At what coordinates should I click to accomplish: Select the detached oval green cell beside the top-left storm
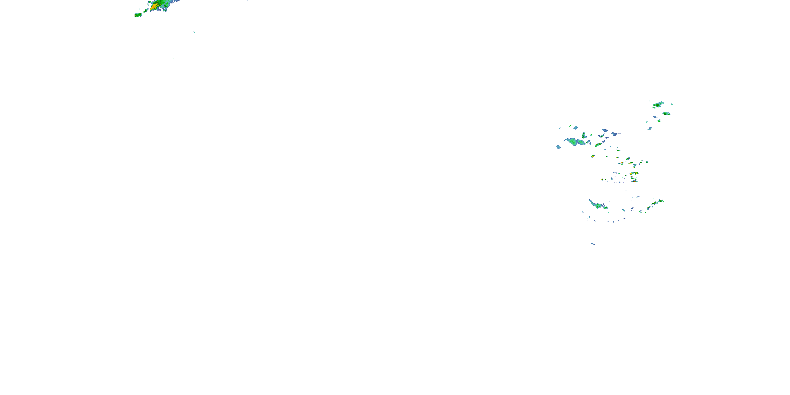pyautogui.click(x=138, y=15)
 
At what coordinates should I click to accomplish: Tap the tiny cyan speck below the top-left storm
pyautogui.click(x=194, y=32)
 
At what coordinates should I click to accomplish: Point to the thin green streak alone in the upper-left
pyautogui.click(x=173, y=57)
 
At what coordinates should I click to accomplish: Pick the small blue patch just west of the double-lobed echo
pyautogui.click(x=559, y=147)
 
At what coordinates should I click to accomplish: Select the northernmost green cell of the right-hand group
pyautogui.click(x=658, y=105)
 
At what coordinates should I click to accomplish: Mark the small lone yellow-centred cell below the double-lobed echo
pyautogui.click(x=593, y=156)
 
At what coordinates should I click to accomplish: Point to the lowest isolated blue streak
pyautogui.click(x=593, y=244)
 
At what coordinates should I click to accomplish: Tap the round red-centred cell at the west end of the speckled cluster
pyautogui.click(x=602, y=180)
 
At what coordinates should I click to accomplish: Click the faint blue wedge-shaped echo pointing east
pyautogui.click(x=615, y=134)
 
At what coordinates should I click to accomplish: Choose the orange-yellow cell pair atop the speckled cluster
pyautogui.click(x=634, y=173)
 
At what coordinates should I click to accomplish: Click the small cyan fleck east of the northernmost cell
pyautogui.click(x=672, y=104)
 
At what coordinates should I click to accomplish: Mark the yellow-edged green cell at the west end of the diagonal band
pyautogui.click(x=649, y=208)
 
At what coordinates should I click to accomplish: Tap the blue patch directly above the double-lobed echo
pyautogui.click(x=576, y=127)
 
